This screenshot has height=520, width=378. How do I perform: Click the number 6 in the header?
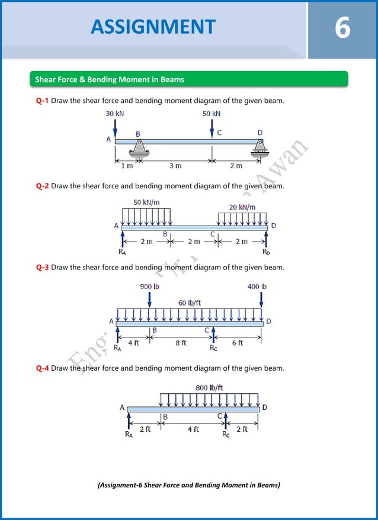coord(342,28)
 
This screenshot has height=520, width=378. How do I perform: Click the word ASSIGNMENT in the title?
coord(153,27)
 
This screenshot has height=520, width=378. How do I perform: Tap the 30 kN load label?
coord(115,113)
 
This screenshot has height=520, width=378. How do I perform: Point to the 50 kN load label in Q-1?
coord(212,113)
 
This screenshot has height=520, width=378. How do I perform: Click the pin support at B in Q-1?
coord(138,152)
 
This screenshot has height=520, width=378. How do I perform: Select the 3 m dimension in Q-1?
coord(175,166)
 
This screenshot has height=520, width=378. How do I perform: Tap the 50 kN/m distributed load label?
coord(146,202)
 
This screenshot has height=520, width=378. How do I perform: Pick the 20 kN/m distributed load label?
coord(242,207)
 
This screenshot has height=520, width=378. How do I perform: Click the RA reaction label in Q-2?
coord(122,252)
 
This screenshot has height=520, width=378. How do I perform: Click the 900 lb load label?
coord(149,287)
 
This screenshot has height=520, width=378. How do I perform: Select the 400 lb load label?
coord(257,287)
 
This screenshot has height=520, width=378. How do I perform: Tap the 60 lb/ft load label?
coord(190,303)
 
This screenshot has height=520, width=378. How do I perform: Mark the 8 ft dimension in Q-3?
coord(181,343)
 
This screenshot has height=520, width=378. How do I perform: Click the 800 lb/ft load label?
coord(209,388)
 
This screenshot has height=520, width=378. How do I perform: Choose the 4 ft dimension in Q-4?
coord(194,429)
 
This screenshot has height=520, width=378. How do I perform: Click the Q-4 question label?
coord(42,368)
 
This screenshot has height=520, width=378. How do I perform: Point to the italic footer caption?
coord(188,485)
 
